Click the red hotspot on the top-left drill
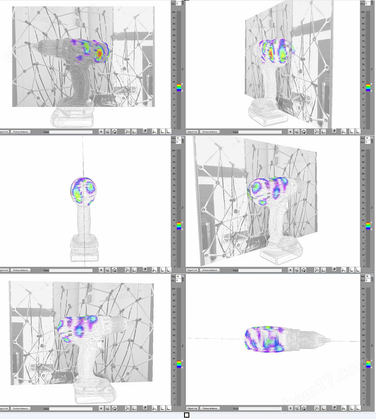pos(100,53)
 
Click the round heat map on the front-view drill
pos(84,191)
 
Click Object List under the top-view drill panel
pos(192,408)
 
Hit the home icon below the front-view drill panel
pos(114,270)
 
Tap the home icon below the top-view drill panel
pos(304,408)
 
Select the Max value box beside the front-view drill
pos(178,138)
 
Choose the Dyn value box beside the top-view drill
pos(367,281)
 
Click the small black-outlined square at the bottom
pos(187,415)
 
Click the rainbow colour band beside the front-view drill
pos(179,226)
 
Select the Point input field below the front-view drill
pos(70,270)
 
